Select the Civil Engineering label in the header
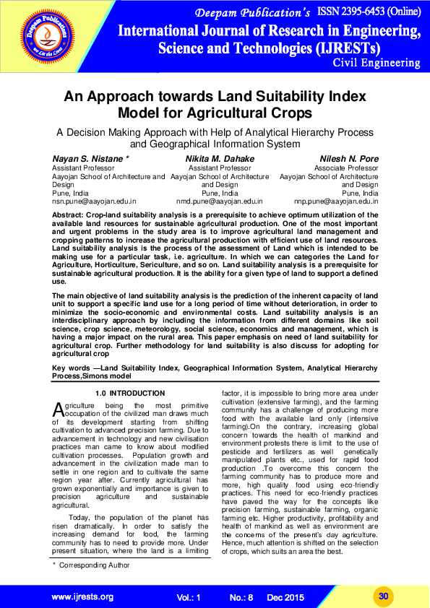[377, 63]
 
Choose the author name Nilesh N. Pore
[348, 158]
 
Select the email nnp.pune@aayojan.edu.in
[337, 201]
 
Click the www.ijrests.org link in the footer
[82, 596]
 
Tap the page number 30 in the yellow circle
[384, 595]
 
